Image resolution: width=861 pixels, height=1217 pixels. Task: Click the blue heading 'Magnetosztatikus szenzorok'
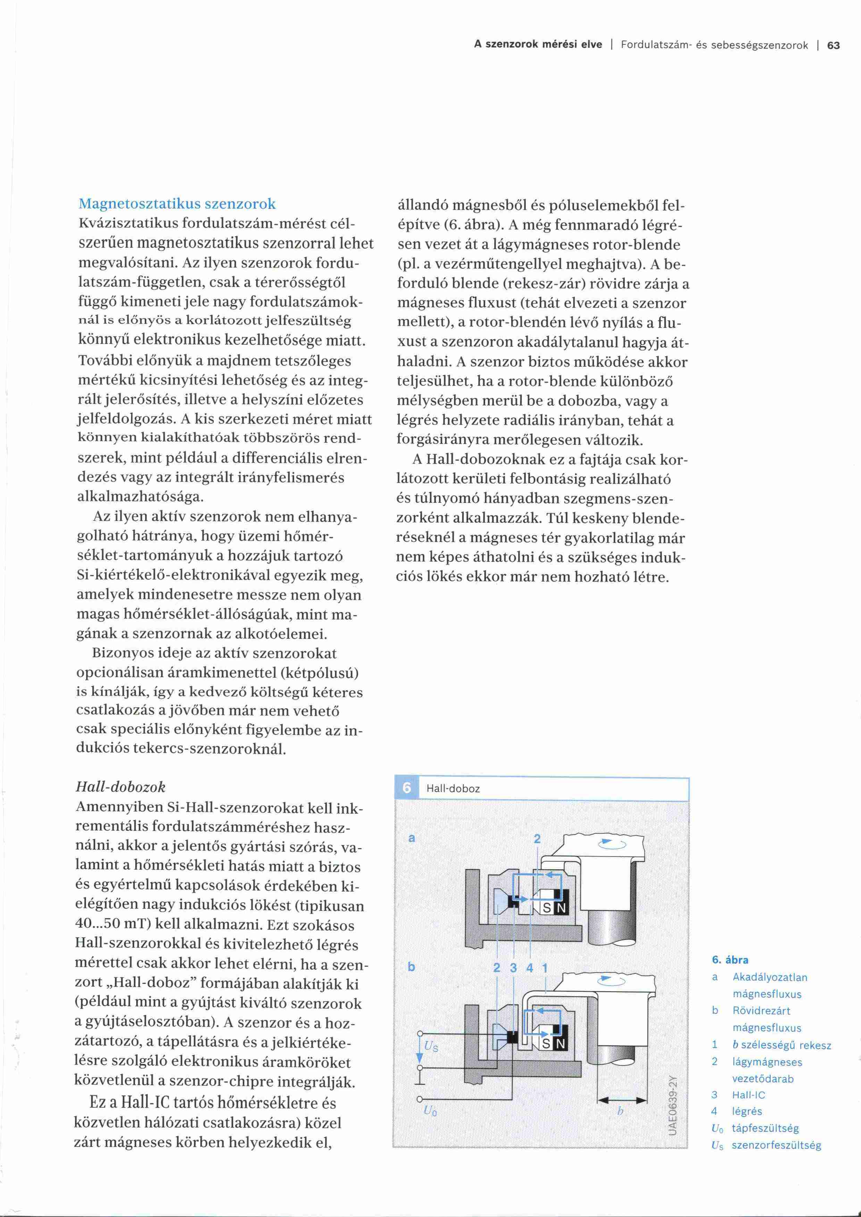[177, 204]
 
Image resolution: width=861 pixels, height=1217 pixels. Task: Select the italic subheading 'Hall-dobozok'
[120, 787]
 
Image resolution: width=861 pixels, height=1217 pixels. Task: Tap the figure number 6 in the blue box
[407, 788]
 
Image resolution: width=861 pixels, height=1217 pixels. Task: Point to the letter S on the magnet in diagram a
[546, 908]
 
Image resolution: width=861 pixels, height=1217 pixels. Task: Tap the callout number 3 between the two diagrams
[513, 968]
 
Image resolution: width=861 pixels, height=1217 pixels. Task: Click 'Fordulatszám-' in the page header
[655, 45]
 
